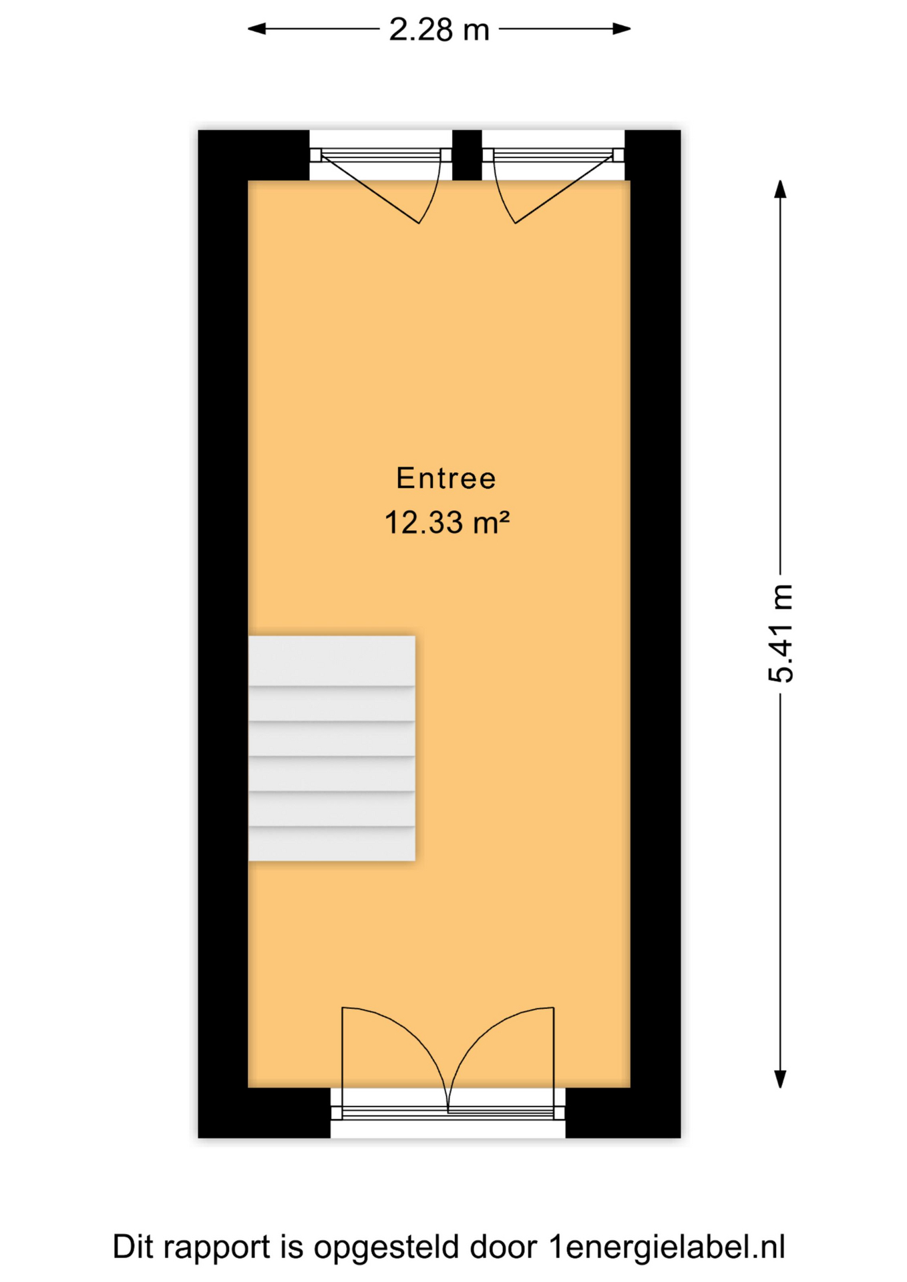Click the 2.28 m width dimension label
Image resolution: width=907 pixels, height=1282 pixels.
tap(439, 30)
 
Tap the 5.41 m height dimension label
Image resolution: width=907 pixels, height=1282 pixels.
tap(781, 633)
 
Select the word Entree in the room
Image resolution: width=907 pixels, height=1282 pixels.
tap(445, 478)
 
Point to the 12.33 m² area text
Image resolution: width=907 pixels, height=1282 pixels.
tap(447, 522)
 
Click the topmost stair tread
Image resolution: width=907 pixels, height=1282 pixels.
tap(332, 660)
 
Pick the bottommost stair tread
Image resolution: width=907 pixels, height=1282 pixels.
tap(332, 844)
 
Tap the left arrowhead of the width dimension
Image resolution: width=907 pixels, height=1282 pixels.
tap(257, 29)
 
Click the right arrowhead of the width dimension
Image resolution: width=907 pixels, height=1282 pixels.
tap(622, 29)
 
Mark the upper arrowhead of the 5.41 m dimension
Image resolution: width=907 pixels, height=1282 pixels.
tap(780, 189)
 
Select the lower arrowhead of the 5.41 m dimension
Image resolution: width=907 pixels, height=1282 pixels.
tap(780, 1078)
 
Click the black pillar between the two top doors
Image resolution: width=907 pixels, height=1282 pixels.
tap(467, 155)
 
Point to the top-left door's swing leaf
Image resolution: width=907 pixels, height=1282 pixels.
tap(370, 189)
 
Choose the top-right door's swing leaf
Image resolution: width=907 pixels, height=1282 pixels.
tap(564, 189)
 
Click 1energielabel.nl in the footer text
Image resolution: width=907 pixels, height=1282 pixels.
tap(667, 1247)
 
